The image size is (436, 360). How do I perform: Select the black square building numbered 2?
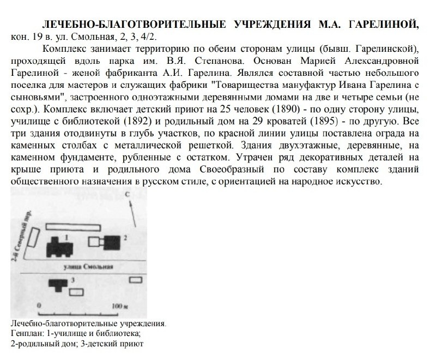tap(113, 240)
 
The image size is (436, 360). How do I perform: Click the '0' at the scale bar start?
tap(39, 307)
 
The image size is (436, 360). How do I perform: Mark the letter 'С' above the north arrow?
tap(127, 194)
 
